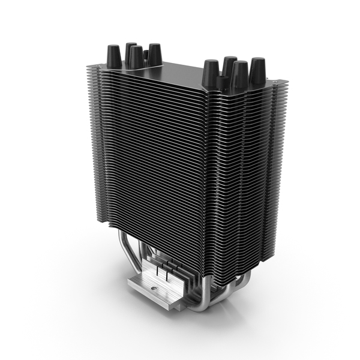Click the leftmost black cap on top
pos(113,57)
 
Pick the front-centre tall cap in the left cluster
pos(136,58)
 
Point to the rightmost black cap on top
pos(257,70)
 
